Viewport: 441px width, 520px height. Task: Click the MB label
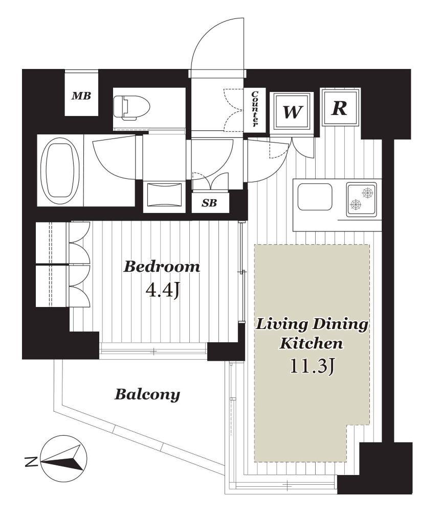[x=81, y=96]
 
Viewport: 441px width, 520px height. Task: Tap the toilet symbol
[x=131, y=108]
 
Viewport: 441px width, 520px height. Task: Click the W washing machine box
[x=292, y=112]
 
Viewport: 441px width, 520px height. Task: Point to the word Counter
[x=255, y=109]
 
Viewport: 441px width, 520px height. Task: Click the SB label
[x=210, y=203]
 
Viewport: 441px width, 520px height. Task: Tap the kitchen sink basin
[x=315, y=197]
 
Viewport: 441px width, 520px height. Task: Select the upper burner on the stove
[x=367, y=193]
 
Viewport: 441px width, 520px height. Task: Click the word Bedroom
[x=162, y=267]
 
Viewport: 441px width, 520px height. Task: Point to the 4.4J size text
[x=163, y=291]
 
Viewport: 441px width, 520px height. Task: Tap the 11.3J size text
[x=312, y=366]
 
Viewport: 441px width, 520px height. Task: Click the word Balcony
[x=147, y=395]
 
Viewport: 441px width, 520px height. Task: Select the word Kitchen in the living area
[x=311, y=343]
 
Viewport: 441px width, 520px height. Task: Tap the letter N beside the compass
[x=31, y=461]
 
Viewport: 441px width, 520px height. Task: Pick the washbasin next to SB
[x=164, y=197]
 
